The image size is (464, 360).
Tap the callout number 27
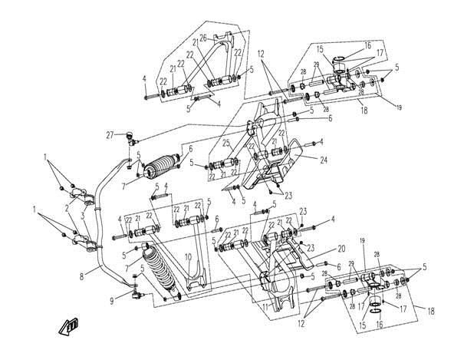110,134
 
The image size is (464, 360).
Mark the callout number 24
324,160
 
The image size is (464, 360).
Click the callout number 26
203,38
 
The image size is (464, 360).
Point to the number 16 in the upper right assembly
367,45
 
